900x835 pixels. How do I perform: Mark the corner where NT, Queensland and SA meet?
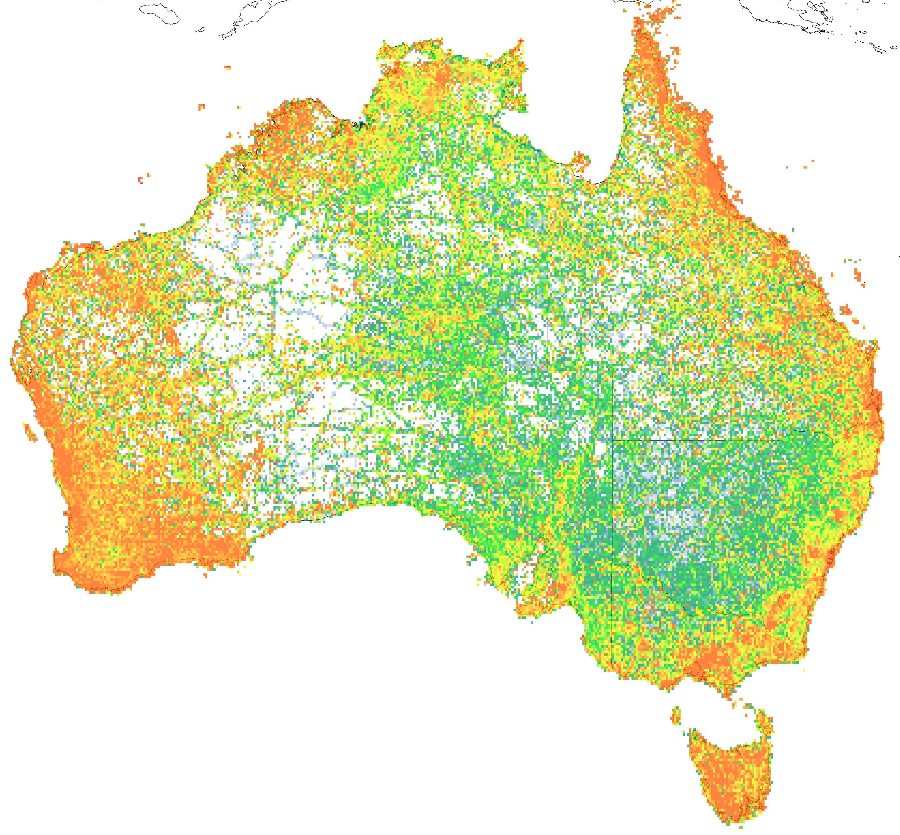click(548, 370)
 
